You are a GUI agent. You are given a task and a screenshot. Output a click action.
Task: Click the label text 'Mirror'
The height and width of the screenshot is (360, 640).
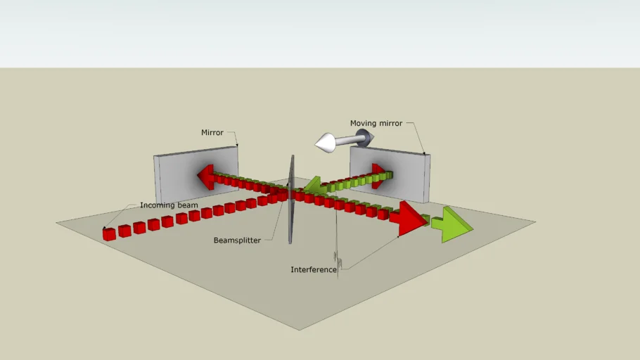coord(212,133)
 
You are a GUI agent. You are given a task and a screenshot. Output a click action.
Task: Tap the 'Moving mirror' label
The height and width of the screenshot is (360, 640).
coord(376,123)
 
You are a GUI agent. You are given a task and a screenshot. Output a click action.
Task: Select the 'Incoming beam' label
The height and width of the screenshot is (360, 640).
coord(169,205)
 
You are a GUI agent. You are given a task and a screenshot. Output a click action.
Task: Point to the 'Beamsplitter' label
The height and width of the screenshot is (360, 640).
coord(237,240)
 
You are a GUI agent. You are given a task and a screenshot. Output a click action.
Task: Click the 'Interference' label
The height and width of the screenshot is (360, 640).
coord(314,269)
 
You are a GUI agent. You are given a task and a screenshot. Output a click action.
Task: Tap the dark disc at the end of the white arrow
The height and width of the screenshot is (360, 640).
coord(364,138)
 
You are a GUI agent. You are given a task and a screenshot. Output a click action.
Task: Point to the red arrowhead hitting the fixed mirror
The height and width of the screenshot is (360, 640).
coord(205,176)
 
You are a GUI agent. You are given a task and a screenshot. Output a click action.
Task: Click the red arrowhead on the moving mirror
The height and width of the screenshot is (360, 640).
coord(378,176)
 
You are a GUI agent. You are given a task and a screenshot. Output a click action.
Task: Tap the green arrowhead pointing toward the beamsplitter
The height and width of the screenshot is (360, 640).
coord(314,185)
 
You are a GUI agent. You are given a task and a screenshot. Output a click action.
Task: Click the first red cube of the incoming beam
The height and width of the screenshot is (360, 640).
coord(109,234)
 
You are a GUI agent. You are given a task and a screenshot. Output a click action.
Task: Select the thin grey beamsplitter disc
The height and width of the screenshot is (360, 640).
coord(290,200)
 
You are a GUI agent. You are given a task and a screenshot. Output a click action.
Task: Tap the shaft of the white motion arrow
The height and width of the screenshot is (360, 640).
coord(349,141)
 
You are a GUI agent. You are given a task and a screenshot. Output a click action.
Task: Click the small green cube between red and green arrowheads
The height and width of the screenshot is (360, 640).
coord(425,219)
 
